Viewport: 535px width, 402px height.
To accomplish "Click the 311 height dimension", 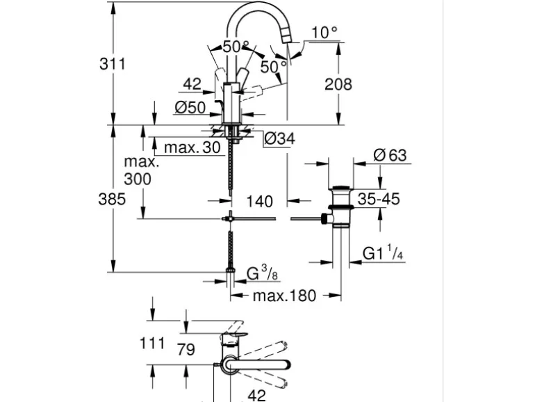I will pyautogui.click(x=112, y=64).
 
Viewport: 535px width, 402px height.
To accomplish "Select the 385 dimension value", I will pyautogui.click(x=112, y=199).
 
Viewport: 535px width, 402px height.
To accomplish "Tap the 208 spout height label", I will pyautogui.click(x=338, y=85).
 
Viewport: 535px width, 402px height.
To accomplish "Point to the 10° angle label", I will pyautogui.click(x=324, y=33).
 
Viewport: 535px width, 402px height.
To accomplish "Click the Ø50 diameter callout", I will pyautogui.click(x=190, y=107).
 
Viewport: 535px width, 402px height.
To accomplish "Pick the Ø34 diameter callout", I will pyautogui.click(x=279, y=138).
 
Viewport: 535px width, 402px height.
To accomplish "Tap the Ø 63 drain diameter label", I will pyautogui.click(x=389, y=155).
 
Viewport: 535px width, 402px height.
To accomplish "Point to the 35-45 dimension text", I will pyautogui.click(x=378, y=199).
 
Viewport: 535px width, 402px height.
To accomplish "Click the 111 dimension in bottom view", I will pyautogui.click(x=151, y=342).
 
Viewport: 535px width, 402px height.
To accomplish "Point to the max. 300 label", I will pyautogui.click(x=142, y=170).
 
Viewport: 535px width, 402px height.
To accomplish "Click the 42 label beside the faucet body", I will pyautogui.click(x=192, y=85).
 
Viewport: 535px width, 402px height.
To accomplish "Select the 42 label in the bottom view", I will pyautogui.click(x=256, y=394).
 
